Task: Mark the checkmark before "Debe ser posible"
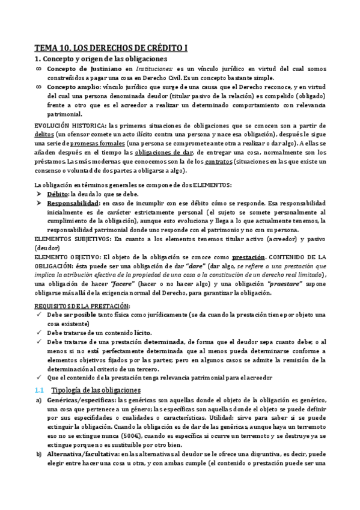pos(39,315)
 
